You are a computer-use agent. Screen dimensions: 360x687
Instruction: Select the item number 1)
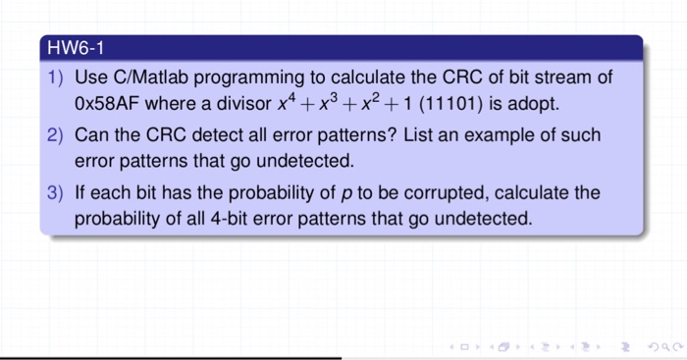57,77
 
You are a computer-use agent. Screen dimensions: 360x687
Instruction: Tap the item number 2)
57,134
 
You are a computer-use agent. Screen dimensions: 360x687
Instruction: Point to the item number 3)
57,192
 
